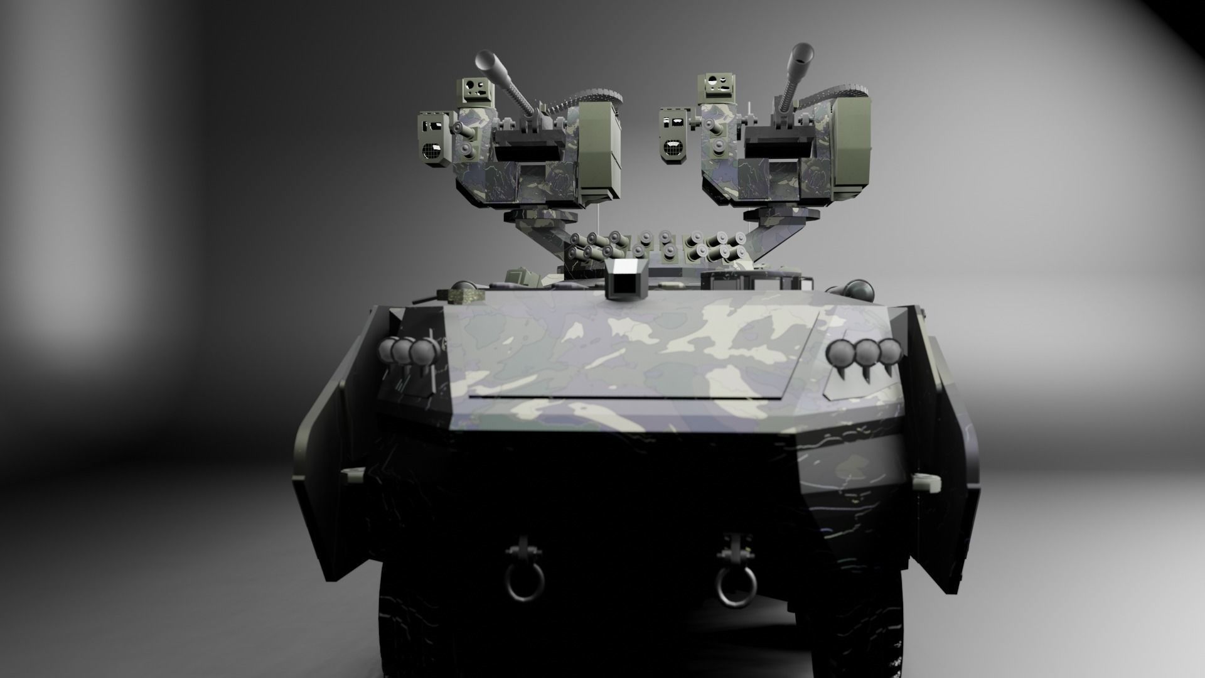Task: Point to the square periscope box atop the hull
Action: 624,280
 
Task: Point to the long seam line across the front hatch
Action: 628,397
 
